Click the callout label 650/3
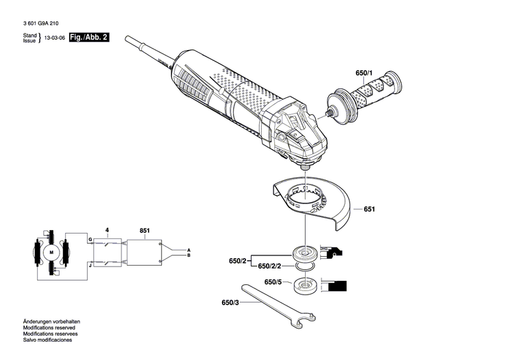[x=232, y=303]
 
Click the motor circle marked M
[x=51, y=253]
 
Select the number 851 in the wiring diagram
[x=145, y=231]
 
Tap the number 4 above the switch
[x=106, y=231]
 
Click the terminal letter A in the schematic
[x=188, y=250]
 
